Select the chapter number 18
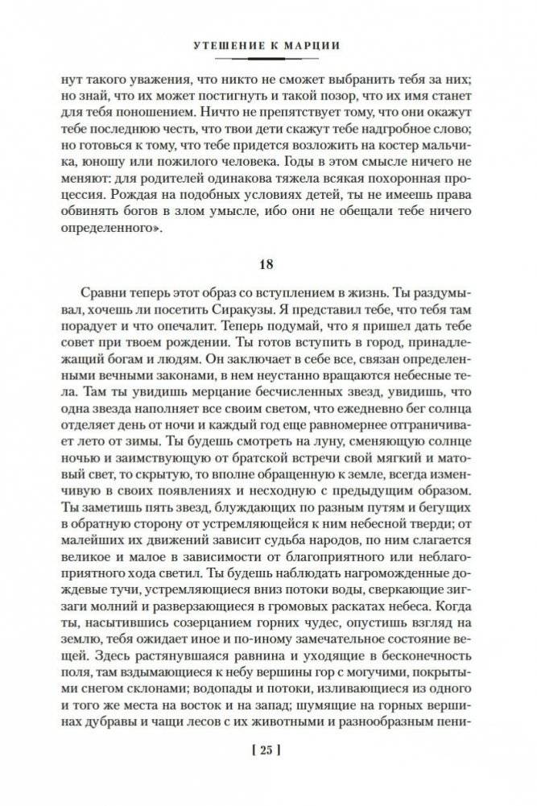[x=268, y=264]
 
